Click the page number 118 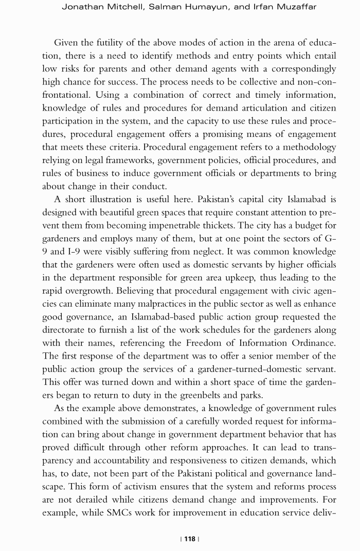pos(190,539)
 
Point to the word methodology pos(307,147)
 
